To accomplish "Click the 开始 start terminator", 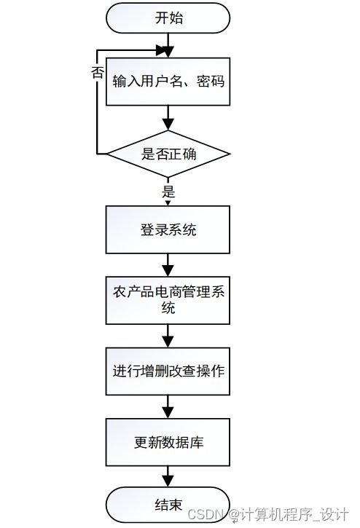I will coord(168,19).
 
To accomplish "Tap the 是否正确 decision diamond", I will coord(168,154).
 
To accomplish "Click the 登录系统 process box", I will coord(168,230).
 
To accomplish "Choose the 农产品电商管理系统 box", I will coord(168,300).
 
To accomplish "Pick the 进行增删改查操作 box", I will coord(168,370).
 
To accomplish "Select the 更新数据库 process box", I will coord(168,441).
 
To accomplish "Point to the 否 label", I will coord(97,72).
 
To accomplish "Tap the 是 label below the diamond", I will coord(168,192).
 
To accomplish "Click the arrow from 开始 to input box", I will coord(168,44).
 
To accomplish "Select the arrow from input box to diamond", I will coord(168,117).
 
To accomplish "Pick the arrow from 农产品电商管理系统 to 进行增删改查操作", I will coord(168,335).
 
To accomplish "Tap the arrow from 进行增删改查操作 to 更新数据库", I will coord(168,406).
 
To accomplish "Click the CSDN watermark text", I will coord(208,514).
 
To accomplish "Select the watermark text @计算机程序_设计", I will coord(289,514).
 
